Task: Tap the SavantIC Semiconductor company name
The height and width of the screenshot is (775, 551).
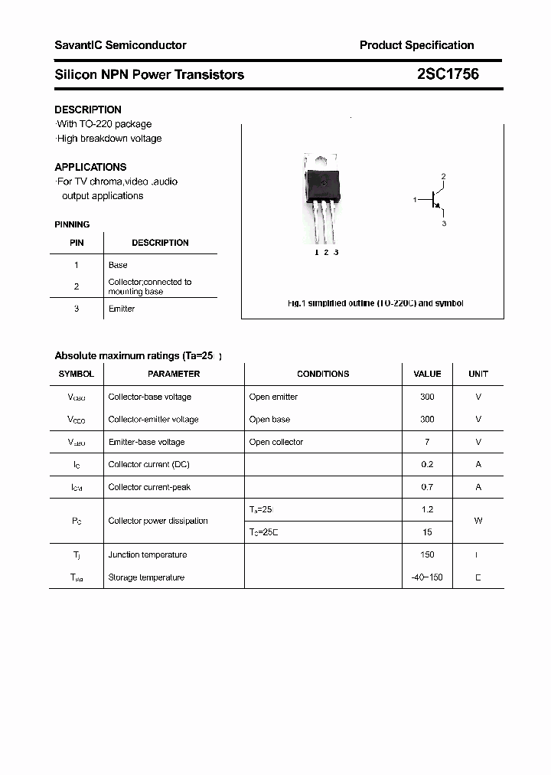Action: pyautogui.click(x=120, y=45)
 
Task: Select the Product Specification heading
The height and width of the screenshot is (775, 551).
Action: pyautogui.click(x=416, y=45)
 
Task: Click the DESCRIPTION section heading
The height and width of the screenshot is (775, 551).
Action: pyautogui.click(x=88, y=110)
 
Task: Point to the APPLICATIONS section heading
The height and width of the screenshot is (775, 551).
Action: pyautogui.click(x=90, y=167)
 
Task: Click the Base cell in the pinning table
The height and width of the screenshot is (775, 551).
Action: pyautogui.click(x=118, y=265)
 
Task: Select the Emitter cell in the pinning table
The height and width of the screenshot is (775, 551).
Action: pyautogui.click(x=121, y=309)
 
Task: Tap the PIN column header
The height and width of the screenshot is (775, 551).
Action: pyautogui.click(x=77, y=243)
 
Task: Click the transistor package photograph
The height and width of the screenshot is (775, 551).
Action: pyautogui.click(x=323, y=196)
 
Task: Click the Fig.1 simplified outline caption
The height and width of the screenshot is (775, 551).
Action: pyautogui.click(x=375, y=303)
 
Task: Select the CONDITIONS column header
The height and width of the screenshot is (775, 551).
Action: pyautogui.click(x=323, y=374)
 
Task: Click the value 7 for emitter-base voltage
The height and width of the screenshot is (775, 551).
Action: pyautogui.click(x=427, y=442)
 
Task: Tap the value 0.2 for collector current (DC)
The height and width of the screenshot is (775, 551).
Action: pyautogui.click(x=427, y=464)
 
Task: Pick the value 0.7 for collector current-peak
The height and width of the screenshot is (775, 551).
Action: pyautogui.click(x=427, y=487)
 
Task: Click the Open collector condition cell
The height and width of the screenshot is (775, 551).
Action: pyautogui.click(x=276, y=442)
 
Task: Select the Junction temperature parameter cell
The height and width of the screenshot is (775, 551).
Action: pyautogui.click(x=148, y=554)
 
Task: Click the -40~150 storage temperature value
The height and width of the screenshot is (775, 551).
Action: pyautogui.click(x=427, y=577)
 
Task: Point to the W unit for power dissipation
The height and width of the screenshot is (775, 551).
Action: pyautogui.click(x=478, y=521)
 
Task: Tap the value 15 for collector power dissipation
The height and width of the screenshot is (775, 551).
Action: pyautogui.click(x=427, y=532)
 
